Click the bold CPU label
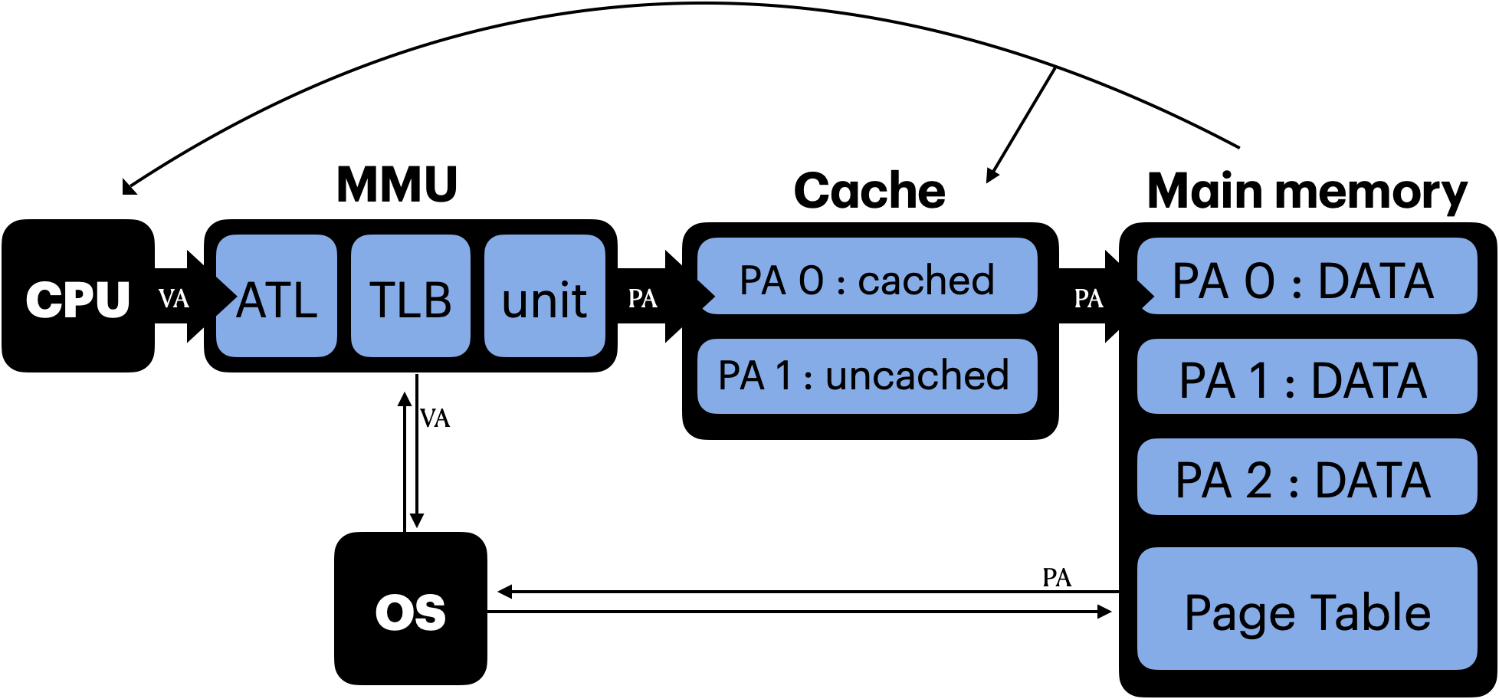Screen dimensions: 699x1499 coord(77,299)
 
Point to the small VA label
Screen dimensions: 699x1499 coord(174,298)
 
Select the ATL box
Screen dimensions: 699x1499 coord(277,297)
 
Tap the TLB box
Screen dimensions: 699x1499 coord(411,297)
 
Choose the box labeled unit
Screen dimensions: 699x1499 coord(545,297)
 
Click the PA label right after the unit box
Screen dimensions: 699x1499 coord(642,298)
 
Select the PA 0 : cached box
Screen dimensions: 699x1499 coord(867,277)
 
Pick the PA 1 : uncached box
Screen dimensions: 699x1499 coord(867,376)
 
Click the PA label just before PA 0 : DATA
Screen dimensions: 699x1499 coord(1088,298)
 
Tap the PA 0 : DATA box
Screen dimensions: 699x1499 coord(1307,277)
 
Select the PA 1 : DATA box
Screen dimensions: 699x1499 coord(1307,377)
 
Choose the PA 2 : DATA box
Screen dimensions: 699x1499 coord(1307,477)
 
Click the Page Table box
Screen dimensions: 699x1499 coord(1307,609)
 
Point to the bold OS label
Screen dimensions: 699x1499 coord(411,612)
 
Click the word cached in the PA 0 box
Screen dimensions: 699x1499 coord(926,281)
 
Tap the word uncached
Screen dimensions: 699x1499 coord(917,376)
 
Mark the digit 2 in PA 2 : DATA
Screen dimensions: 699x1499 coord(1259,481)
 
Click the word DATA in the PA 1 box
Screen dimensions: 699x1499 coord(1369,381)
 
